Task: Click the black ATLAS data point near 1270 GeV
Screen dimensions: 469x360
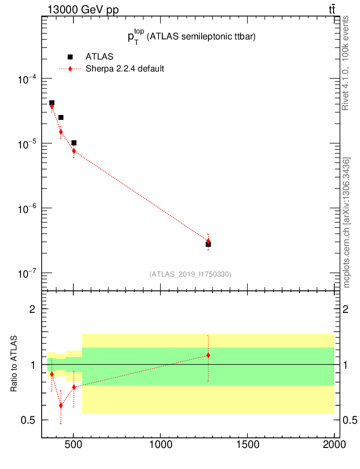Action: pos(208,244)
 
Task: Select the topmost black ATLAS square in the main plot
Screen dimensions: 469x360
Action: pos(52,103)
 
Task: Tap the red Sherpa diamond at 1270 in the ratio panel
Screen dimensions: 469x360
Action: pos(208,355)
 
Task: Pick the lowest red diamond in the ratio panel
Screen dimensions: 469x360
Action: pos(60,405)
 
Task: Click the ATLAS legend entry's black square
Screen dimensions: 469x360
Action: pos(70,57)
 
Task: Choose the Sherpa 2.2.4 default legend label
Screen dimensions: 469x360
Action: pos(125,69)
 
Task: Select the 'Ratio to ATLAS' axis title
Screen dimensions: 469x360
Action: pos(14,364)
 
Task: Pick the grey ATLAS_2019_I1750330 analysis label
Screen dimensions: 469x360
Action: pos(190,274)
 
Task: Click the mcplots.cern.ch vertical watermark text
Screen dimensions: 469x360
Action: pos(347,223)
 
